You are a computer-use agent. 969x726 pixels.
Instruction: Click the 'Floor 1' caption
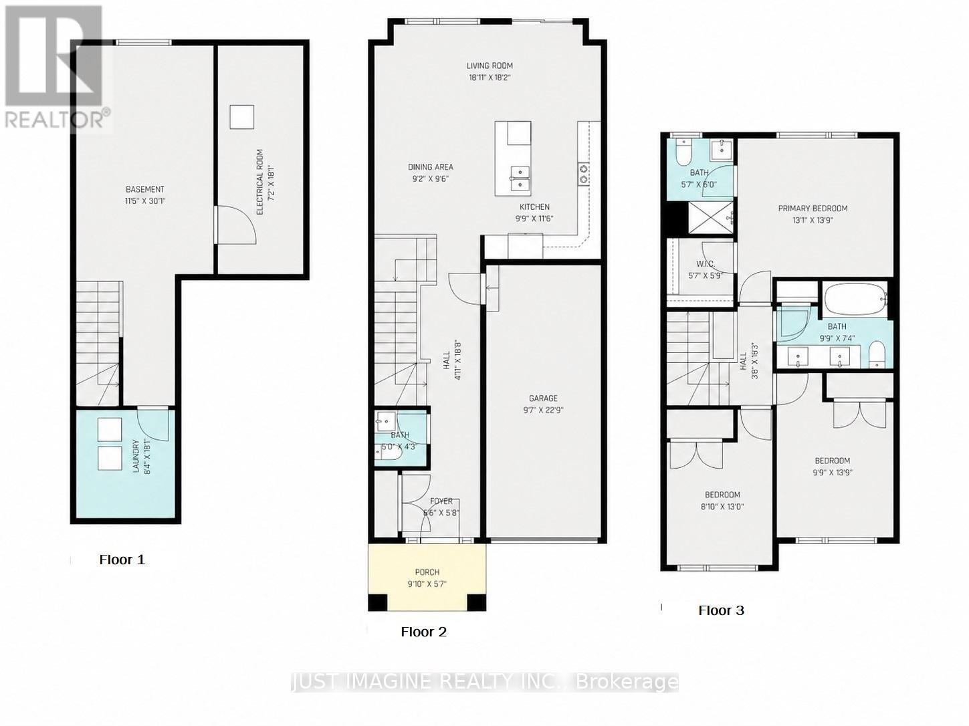(122, 560)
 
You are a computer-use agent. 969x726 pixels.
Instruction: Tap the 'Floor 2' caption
(423, 632)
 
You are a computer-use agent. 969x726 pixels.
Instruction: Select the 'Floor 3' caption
(721, 610)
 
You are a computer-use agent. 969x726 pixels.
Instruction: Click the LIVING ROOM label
(490, 66)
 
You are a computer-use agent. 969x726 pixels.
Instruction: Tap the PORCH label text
(427, 572)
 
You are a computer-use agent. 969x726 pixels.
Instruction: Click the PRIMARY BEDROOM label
(813, 209)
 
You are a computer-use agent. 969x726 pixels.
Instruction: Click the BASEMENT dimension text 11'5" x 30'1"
(145, 200)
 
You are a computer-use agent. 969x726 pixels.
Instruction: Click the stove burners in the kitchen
(583, 174)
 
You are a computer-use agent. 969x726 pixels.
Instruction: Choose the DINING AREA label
(431, 167)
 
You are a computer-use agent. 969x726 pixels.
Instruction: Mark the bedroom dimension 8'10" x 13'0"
(722, 506)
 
